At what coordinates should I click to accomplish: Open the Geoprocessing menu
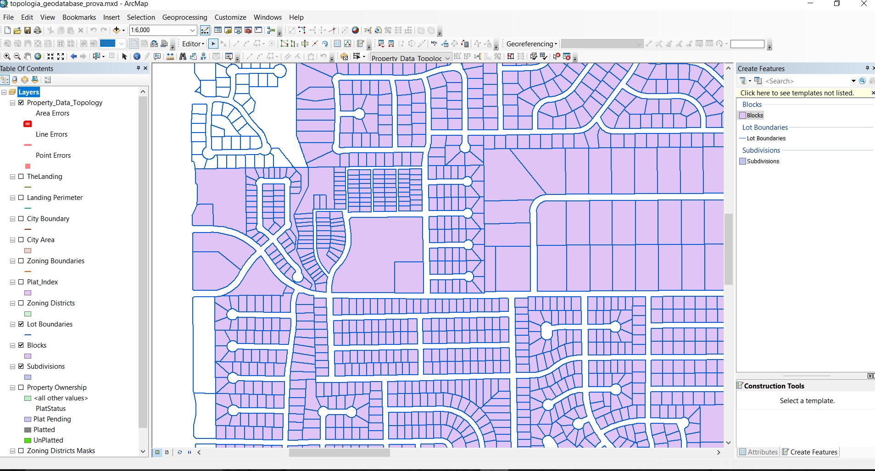point(184,17)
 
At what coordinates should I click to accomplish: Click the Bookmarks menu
point(79,17)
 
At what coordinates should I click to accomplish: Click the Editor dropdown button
point(193,44)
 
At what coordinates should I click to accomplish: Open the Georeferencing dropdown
point(532,44)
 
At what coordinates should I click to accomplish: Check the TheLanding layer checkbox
point(21,177)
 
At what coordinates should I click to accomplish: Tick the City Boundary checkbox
point(21,219)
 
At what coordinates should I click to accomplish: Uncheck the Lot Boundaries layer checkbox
point(21,324)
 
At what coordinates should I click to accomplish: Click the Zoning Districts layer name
point(50,303)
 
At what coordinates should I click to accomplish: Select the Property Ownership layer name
point(56,388)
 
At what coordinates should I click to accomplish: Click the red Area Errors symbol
point(28,124)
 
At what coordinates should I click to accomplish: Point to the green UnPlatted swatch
point(28,440)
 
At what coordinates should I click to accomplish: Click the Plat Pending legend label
point(52,419)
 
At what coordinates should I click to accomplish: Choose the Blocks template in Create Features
point(754,116)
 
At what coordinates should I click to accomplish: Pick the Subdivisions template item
point(763,161)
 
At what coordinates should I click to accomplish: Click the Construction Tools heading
point(774,386)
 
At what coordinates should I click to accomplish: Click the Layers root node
point(28,92)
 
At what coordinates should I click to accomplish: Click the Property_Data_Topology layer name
point(64,103)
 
